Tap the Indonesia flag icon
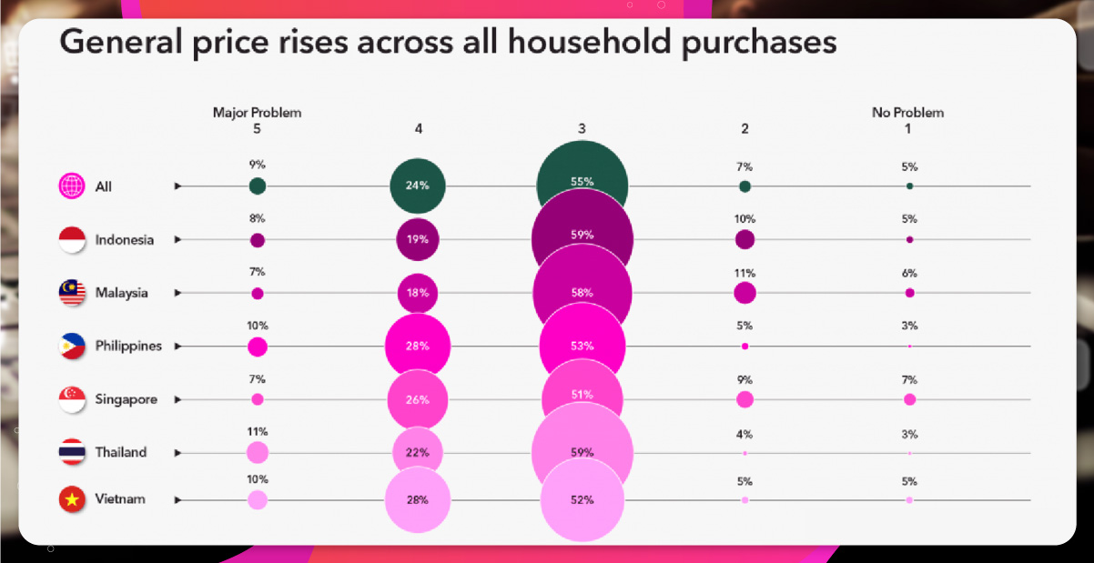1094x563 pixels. tap(72, 240)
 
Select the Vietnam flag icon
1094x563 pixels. tap(72, 499)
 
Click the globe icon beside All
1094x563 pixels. tap(72, 186)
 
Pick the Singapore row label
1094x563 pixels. tap(127, 399)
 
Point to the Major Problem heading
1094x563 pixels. tap(257, 113)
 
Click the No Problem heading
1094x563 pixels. tap(907, 113)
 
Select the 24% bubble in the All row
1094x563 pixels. tap(418, 186)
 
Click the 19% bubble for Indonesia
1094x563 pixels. tap(418, 240)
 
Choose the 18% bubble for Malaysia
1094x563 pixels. tap(418, 293)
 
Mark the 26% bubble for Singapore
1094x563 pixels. tap(418, 399)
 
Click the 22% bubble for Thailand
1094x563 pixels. tap(418, 452)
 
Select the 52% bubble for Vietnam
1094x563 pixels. tap(582, 499)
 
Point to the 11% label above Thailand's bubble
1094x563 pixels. tap(258, 431)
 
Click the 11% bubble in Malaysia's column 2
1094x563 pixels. tap(745, 293)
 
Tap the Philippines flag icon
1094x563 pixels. tap(72, 347)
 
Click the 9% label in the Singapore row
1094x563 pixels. tap(745, 380)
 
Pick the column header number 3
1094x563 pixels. tap(582, 129)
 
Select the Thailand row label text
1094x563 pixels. tap(121, 452)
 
